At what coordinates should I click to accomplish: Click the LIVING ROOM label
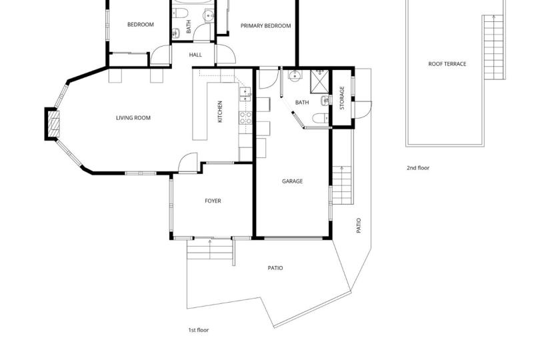pos(133,118)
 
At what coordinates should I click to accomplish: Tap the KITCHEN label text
pos(220,112)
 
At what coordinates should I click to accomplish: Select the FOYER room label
pos(213,201)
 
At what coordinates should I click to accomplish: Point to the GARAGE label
pos(292,181)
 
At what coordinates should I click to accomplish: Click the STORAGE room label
pos(343,98)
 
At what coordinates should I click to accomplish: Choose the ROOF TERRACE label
pos(447,64)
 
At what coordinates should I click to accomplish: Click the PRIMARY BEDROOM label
pos(265,25)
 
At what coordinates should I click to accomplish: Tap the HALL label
pos(195,55)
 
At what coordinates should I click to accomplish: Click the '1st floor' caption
pos(199,330)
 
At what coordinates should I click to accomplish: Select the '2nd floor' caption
pos(418,168)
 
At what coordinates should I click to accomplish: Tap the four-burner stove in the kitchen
pos(245,118)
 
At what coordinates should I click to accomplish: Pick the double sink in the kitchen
pos(245,95)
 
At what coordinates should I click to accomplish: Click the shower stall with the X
pos(319,82)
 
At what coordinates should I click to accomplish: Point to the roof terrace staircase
pos(494,47)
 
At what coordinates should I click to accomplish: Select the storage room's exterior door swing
pos(363,110)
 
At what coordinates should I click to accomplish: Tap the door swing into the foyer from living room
pos(188,163)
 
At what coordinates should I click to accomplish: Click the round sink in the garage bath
pos(295,75)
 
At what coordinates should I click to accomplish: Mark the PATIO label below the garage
pos(275,268)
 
